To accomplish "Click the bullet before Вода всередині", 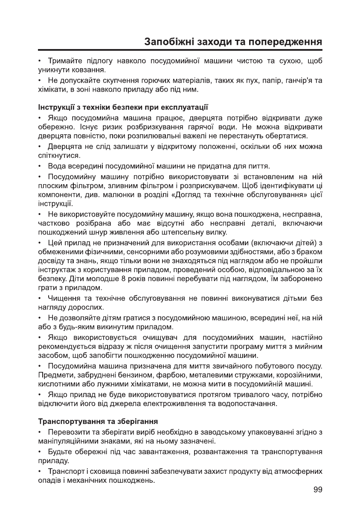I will coord(40,165).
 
